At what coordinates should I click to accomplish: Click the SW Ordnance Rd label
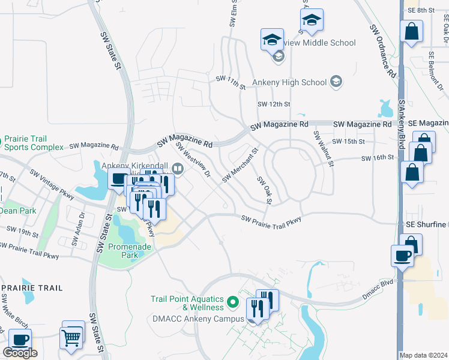click(382, 51)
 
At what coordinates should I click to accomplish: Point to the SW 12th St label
click(274, 104)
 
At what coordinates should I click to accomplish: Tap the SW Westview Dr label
click(193, 160)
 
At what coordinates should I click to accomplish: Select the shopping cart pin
click(72, 337)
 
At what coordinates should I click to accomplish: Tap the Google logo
click(20, 353)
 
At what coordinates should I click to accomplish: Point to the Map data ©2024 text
click(423, 355)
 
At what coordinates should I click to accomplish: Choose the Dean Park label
click(17, 211)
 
